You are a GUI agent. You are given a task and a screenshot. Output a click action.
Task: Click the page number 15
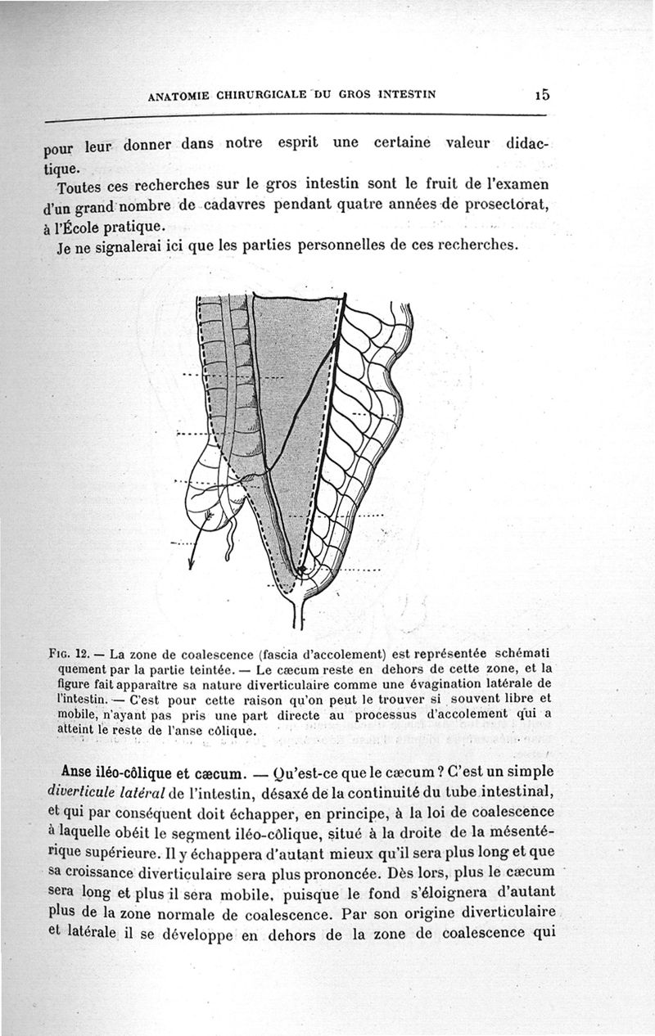(541, 92)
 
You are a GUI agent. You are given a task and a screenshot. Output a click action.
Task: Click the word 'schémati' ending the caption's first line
(520, 654)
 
